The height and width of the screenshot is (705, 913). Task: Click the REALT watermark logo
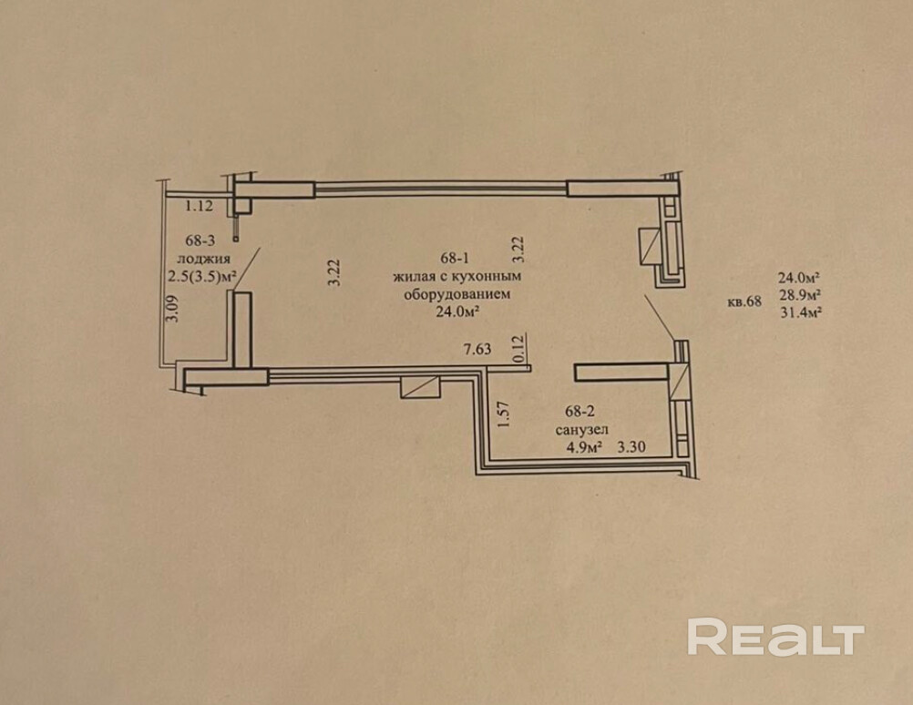775,637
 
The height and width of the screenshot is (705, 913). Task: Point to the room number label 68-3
200,241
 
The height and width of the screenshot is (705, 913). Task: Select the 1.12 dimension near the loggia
199,206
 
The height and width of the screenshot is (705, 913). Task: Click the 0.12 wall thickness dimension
518,351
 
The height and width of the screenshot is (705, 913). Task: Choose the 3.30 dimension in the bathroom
631,447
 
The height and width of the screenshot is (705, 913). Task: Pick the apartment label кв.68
744,303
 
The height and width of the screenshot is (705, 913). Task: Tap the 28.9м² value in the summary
798,295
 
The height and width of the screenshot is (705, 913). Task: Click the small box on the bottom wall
420,385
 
